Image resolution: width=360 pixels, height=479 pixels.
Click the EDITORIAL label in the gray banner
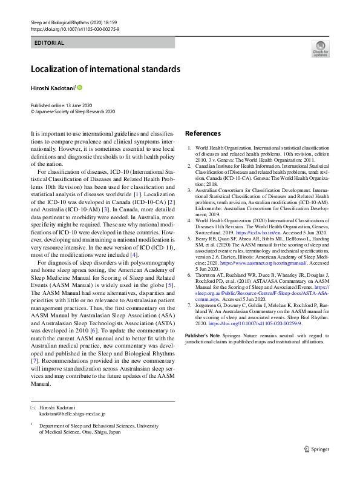point(49,43)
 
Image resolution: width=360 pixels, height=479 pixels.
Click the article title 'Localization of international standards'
point(106,68)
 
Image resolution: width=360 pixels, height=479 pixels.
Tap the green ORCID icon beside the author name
point(78,87)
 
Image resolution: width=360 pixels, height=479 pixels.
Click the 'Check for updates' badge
point(319,48)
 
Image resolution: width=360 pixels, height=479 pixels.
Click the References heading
point(203,133)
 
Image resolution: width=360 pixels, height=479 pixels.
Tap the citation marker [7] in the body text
point(35,361)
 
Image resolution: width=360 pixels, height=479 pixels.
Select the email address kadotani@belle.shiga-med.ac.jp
point(72,414)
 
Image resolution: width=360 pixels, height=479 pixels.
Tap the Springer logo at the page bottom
point(317,449)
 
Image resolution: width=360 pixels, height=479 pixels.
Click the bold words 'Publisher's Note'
point(203,334)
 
